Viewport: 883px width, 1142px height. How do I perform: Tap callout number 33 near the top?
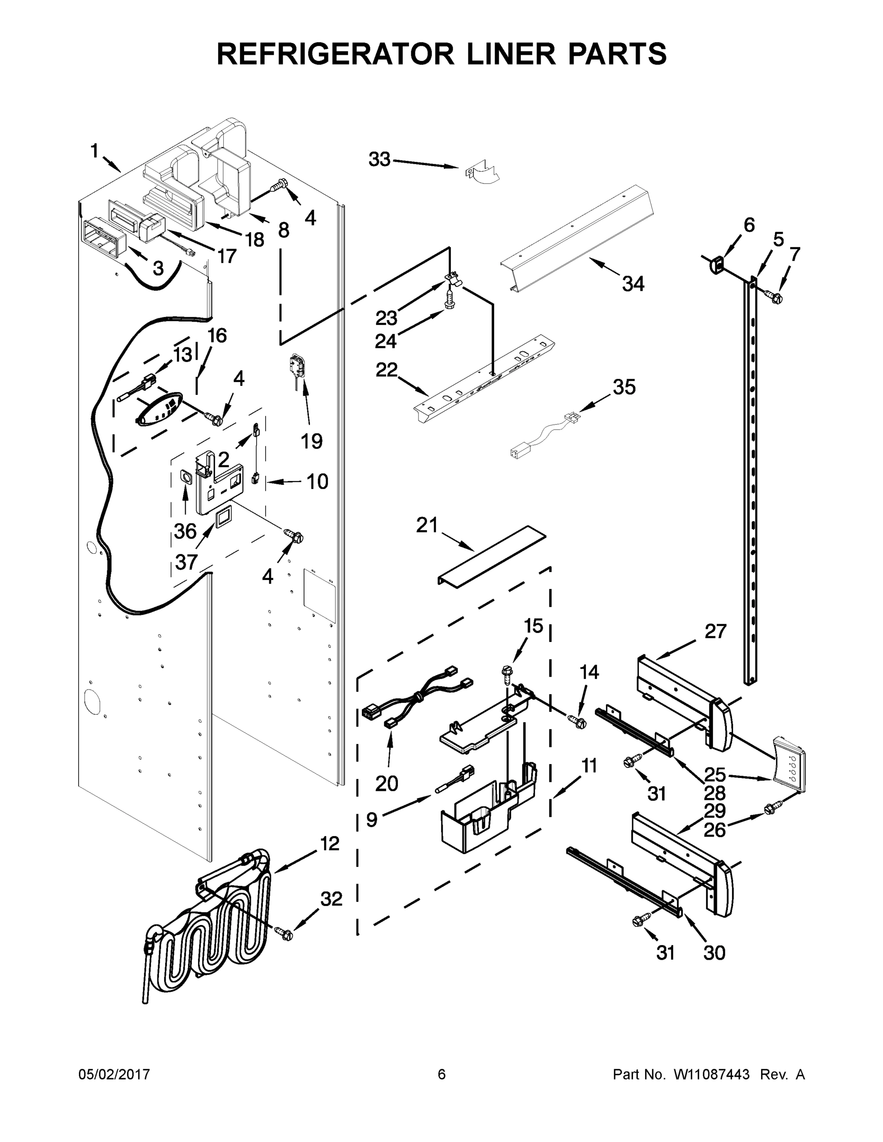(x=379, y=159)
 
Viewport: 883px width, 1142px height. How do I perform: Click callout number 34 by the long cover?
(x=633, y=284)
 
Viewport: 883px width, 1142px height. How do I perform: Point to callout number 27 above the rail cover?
(x=715, y=631)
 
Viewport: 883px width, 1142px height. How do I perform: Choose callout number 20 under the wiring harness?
(x=387, y=783)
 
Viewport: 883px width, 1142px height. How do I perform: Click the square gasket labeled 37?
(x=224, y=517)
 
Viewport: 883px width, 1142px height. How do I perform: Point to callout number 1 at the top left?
(x=94, y=152)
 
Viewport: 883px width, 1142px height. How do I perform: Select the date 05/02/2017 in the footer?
(x=114, y=1074)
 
